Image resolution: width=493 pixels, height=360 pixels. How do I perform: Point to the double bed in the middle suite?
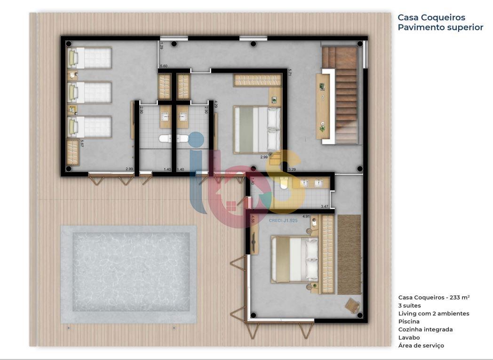pos(257,129)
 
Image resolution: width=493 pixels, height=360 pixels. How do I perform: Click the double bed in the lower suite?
pos(295,259)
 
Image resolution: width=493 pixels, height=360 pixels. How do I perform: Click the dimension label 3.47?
pos(325,206)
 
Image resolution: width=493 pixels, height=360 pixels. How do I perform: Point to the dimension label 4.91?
pos(306,217)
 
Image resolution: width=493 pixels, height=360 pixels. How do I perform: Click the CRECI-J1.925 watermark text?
pos(283,220)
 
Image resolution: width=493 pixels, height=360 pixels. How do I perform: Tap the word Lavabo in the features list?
pos(409,337)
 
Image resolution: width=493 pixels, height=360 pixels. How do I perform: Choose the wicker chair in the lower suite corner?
pos(352,306)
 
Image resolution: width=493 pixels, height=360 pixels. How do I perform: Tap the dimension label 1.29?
pos(161,46)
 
